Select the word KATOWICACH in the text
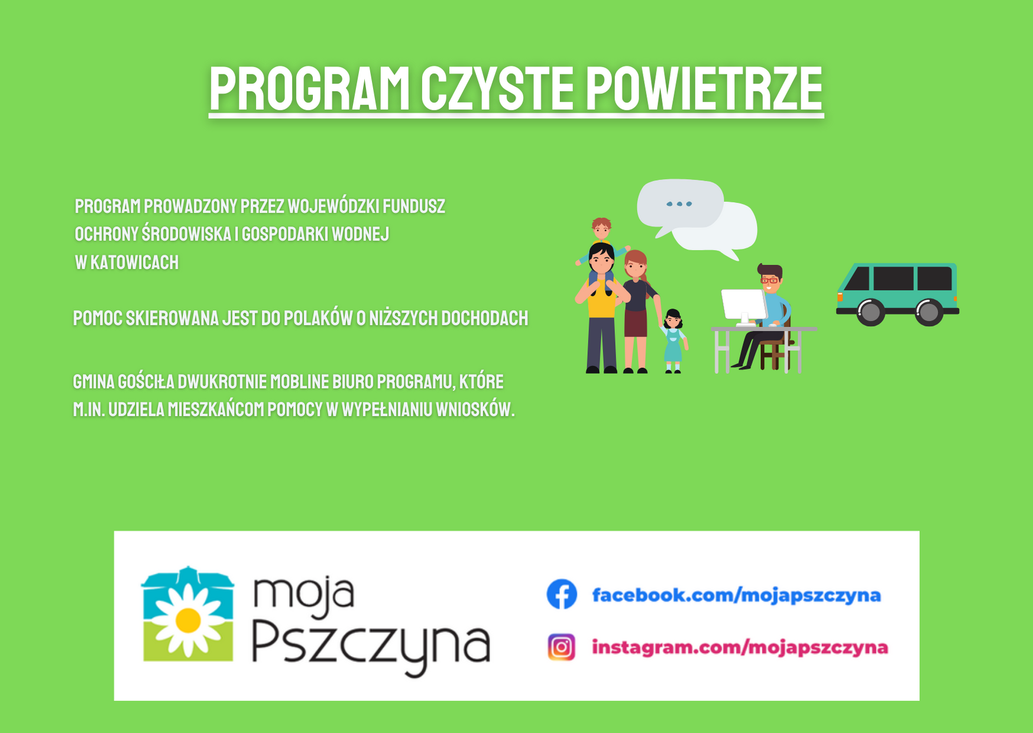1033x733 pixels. click(134, 262)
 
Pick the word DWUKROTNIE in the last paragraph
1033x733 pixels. click(222, 381)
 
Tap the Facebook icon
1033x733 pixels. click(562, 594)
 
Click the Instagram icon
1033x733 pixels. click(561, 647)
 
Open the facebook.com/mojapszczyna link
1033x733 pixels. click(736, 595)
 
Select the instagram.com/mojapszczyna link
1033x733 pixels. click(740, 647)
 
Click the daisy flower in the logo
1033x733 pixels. click(188, 620)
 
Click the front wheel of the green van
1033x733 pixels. click(870, 312)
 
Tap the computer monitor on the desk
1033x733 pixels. click(744, 306)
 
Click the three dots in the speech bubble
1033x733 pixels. click(679, 204)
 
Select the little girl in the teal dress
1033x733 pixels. click(673, 342)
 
